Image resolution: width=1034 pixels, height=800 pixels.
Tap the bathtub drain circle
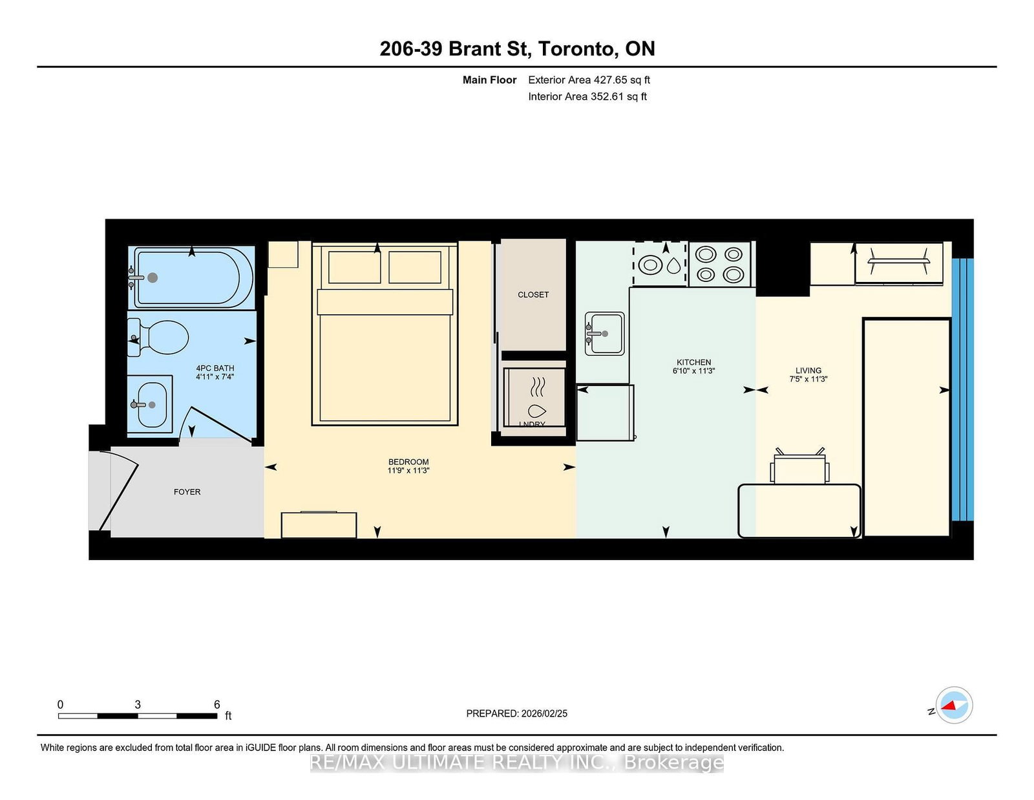[153, 277]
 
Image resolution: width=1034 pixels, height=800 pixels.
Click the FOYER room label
[187, 492]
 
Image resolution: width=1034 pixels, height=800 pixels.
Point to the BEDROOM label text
[408, 462]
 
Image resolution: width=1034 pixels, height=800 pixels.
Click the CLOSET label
[533, 295]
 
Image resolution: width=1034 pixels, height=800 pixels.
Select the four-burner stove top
[719, 265]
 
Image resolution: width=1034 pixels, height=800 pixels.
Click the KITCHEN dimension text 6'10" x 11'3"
[693, 371]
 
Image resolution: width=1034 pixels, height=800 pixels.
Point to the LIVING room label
[808, 371]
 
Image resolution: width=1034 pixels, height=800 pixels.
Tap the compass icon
[954, 706]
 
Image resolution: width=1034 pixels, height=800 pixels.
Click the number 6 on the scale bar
[217, 704]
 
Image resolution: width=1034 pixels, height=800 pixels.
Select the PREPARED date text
[516, 713]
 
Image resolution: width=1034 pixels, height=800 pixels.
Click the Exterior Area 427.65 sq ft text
[589, 80]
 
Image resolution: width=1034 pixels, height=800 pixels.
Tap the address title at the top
[517, 49]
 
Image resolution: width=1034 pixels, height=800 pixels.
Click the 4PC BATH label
[215, 368]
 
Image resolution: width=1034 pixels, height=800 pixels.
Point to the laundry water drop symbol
[536, 411]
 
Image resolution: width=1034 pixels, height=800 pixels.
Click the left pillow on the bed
[354, 267]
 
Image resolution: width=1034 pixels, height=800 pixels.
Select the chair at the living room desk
[799, 467]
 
